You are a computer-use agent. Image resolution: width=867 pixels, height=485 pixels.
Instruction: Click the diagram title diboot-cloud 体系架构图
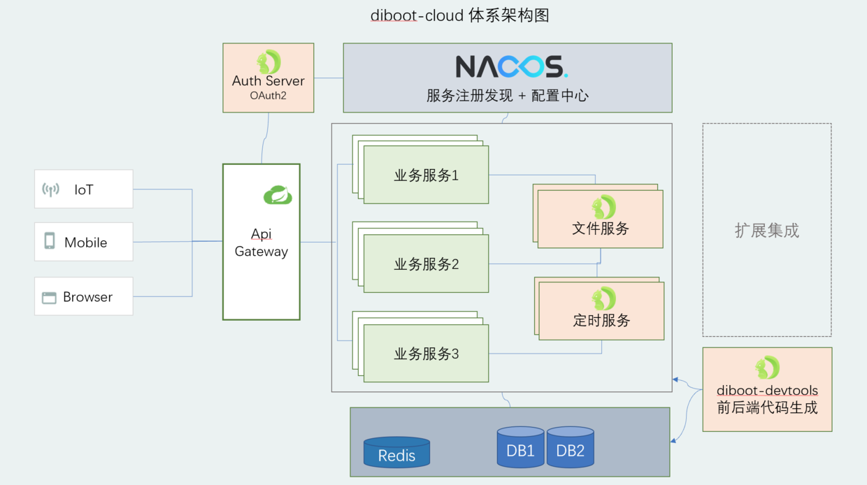click(x=459, y=15)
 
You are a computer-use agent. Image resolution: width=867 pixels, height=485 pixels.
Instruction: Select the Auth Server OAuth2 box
click(x=268, y=78)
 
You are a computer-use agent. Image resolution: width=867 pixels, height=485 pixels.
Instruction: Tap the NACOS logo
click(x=511, y=67)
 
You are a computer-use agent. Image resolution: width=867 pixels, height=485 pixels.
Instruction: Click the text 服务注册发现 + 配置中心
click(x=507, y=96)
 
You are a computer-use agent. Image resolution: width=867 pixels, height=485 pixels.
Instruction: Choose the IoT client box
click(x=83, y=189)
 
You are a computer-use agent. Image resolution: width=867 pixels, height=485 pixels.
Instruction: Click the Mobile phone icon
click(x=50, y=241)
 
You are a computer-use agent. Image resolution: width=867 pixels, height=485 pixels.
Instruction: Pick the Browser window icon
click(x=49, y=298)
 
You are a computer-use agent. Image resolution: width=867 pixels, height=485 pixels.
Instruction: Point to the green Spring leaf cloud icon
click(x=278, y=194)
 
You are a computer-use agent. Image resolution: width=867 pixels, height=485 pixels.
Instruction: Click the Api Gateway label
click(x=261, y=243)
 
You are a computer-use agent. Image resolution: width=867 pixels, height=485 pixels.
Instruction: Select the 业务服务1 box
click(x=426, y=175)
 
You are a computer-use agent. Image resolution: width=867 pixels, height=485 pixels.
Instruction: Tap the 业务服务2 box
click(x=426, y=263)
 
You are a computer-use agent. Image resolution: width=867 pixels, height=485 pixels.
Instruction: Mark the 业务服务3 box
click(x=426, y=353)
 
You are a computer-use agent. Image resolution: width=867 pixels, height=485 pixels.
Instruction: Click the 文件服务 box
click(x=600, y=219)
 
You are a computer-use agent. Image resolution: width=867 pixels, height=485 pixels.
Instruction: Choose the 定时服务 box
click(x=601, y=311)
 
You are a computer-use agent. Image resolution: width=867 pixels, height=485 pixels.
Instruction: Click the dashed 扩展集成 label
click(x=766, y=231)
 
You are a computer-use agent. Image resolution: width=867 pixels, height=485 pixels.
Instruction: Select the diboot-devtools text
click(x=767, y=391)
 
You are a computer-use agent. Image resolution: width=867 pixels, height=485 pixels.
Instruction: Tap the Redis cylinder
click(x=396, y=453)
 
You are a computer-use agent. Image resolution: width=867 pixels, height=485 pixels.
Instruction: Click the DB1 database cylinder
click(x=520, y=447)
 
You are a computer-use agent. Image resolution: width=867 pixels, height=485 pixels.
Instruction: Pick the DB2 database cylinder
click(x=570, y=447)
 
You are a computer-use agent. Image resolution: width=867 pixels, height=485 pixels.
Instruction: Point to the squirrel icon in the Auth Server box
click(x=268, y=62)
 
